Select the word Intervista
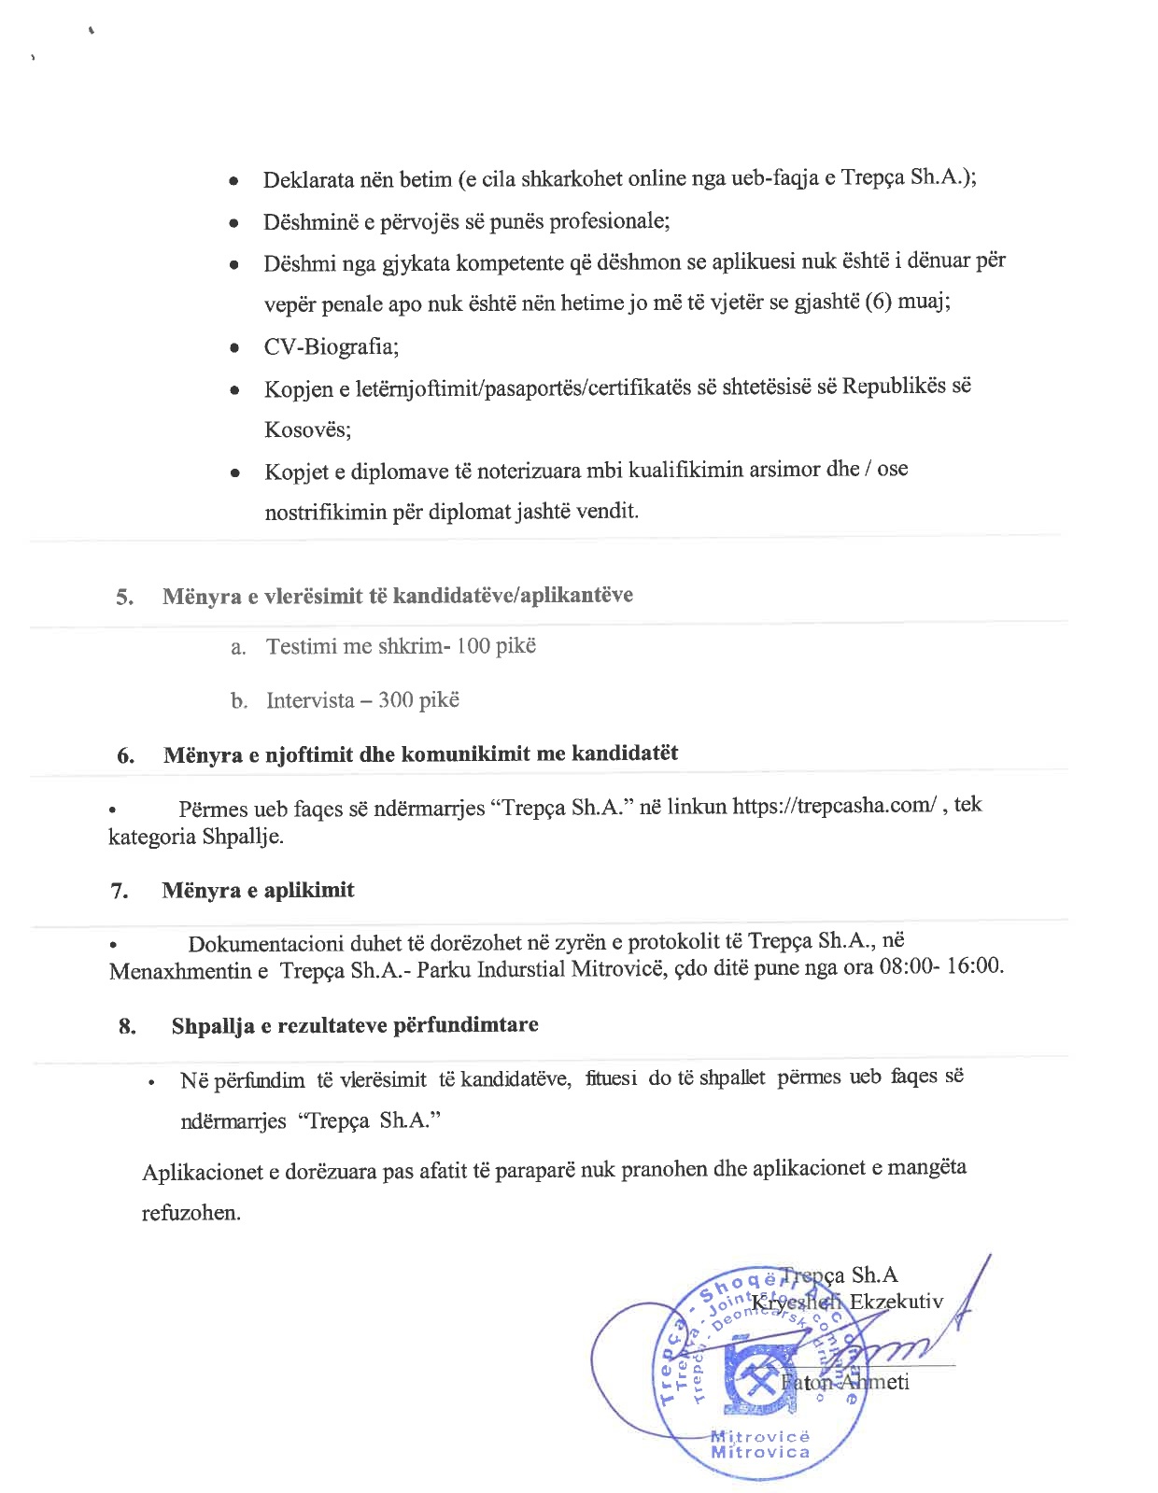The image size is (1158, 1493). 310,700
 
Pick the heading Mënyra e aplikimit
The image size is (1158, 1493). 258,890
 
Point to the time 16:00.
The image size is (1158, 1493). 975,965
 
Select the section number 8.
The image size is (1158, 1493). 128,1026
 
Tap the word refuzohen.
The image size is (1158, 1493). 191,1213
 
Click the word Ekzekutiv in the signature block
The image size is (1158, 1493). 896,1302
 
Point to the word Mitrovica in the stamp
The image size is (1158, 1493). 759,1452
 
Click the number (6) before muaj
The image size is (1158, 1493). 879,303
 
